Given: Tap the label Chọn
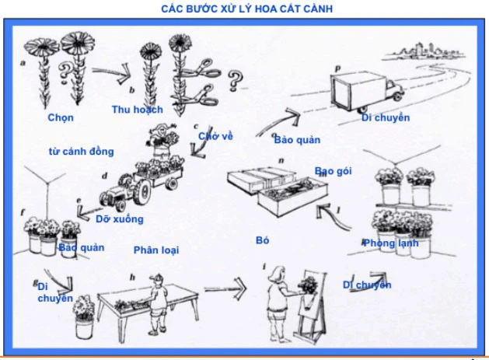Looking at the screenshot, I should (61, 118).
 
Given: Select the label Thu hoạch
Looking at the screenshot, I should (138, 110).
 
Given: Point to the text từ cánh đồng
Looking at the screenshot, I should (81, 151).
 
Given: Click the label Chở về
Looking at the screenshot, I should (215, 136).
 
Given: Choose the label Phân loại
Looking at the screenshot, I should (155, 250).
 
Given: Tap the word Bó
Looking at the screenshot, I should (262, 241).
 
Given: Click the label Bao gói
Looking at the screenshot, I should (334, 171).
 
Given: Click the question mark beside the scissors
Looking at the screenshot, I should (234, 80).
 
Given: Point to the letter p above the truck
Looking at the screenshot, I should (338, 68).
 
